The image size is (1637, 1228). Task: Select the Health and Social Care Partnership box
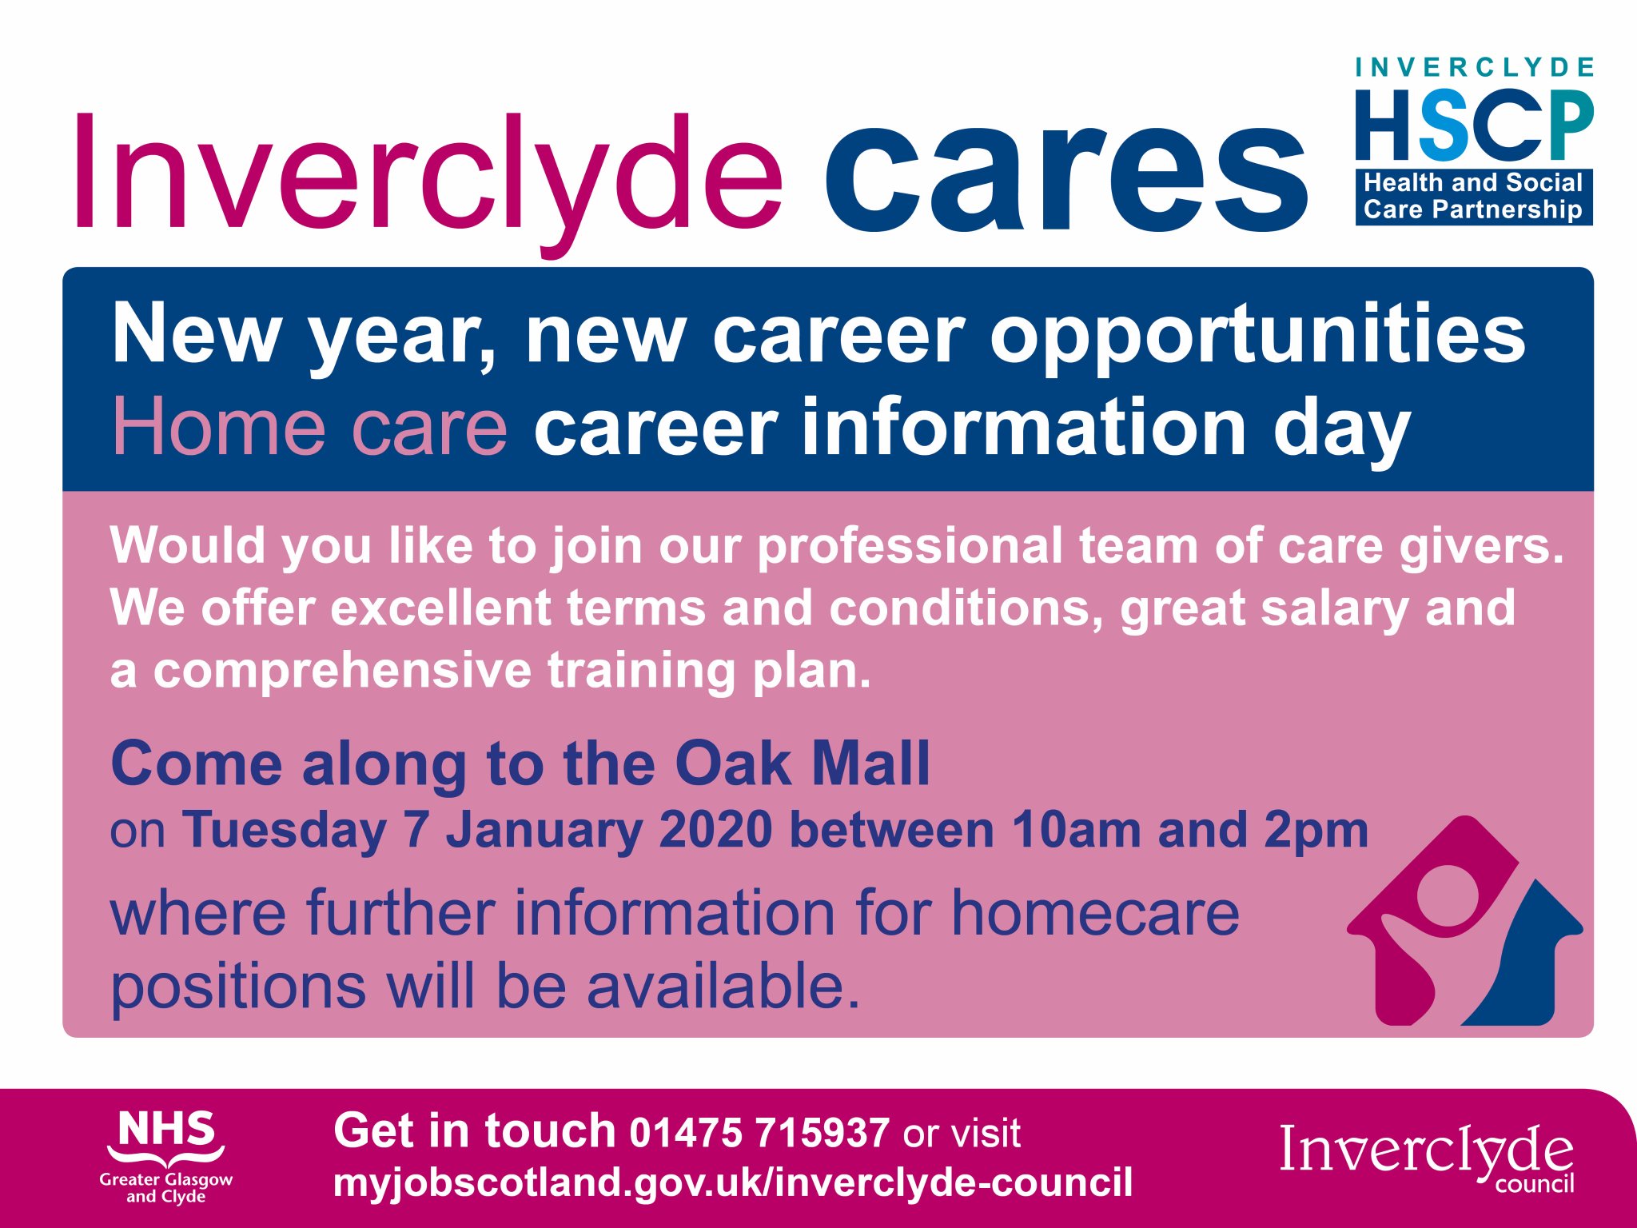coord(1473,197)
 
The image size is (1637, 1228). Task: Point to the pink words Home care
coord(309,428)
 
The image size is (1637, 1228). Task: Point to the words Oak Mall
coord(803,764)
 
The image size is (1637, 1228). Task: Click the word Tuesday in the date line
coord(285,831)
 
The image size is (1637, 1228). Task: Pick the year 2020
coord(715,831)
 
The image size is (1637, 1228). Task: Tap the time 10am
coord(1076,831)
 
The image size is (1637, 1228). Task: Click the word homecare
coord(1095,913)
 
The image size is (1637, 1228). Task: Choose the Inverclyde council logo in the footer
coord(1427,1155)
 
